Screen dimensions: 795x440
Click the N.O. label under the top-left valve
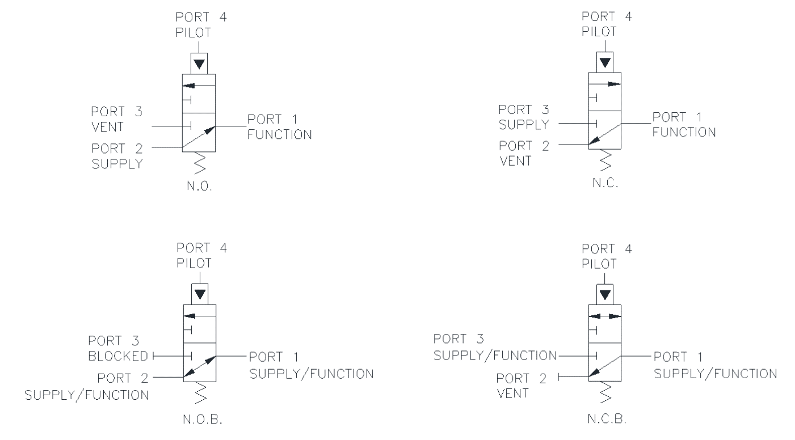click(x=200, y=186)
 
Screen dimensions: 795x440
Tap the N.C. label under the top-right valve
click(x=605, y=183)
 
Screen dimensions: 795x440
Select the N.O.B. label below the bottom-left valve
click(x=203, y=420)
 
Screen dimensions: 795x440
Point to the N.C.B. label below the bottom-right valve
click(x=607, y=418)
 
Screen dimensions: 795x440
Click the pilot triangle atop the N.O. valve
click(x=199, y=64)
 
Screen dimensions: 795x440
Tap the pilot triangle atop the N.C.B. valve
click(x=605, y=295)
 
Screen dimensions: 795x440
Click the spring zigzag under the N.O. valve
click(x=200, y=163)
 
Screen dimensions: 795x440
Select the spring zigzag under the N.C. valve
click(x=605, y=160)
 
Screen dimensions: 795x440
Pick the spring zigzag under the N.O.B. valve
click(x=200, y=393)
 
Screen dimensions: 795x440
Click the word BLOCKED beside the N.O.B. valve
click(x=118, y=356)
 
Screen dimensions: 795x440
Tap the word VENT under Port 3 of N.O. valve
click(x=108, y=126)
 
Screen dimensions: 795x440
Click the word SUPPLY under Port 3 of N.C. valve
click(x=524, y=124)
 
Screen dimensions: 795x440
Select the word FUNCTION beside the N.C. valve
click(x=684, y=132)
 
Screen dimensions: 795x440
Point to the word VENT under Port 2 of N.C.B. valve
click(x=513, y=393)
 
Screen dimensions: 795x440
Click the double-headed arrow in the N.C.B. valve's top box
click(x=605, y=316)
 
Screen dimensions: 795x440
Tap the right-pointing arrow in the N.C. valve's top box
click(x=605, y=84)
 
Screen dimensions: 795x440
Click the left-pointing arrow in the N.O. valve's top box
click(x=199, y=86)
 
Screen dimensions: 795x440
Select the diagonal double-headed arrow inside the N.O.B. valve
click(x=200, y=366)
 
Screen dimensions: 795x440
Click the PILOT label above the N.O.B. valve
click(x=194, y=263)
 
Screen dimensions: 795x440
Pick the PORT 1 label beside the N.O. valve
click(x=272, y=119)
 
